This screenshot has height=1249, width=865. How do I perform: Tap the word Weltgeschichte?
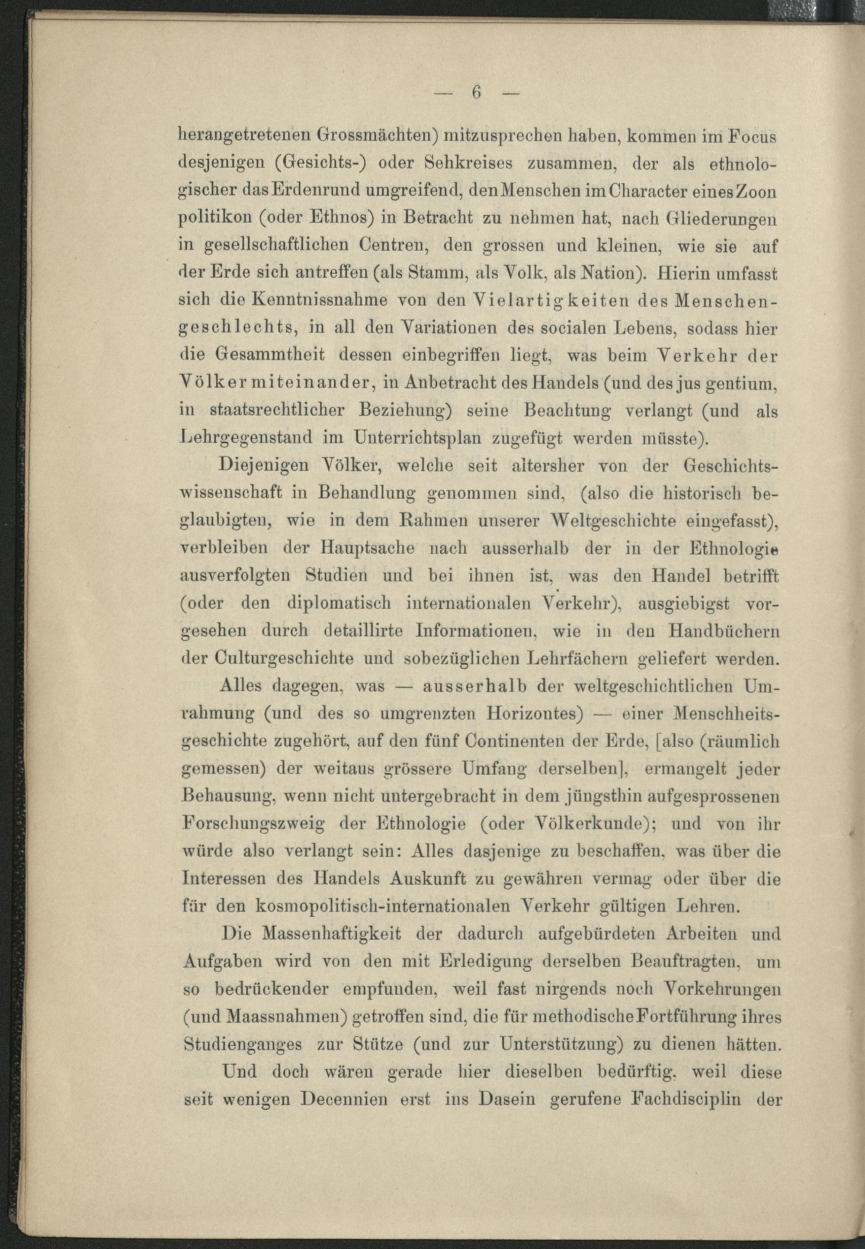tap(611, 521)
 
